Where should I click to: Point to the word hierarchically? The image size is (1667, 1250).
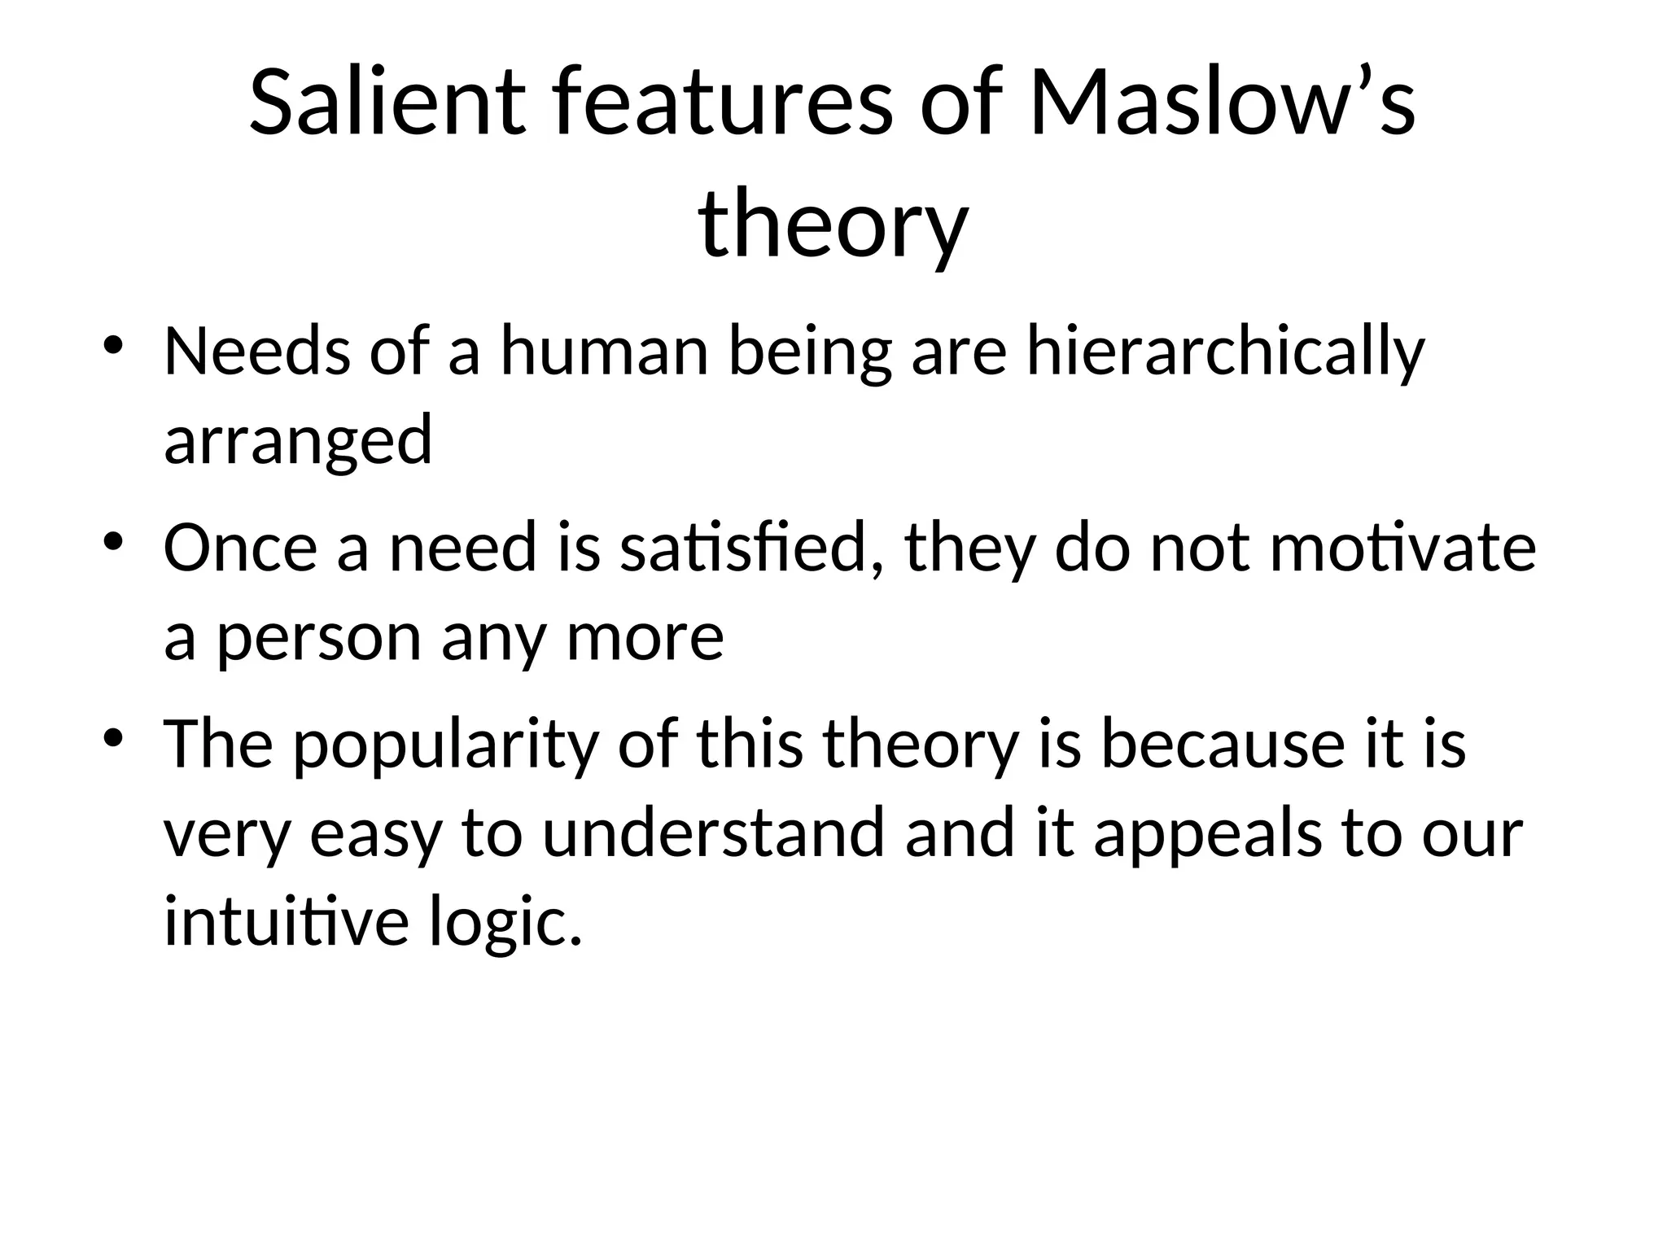tap(1225, 352)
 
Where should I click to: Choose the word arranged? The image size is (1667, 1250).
tap(298, 440)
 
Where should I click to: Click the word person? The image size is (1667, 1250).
tap(318, 637)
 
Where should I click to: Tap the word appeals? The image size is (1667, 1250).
tap(1207, 834)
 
